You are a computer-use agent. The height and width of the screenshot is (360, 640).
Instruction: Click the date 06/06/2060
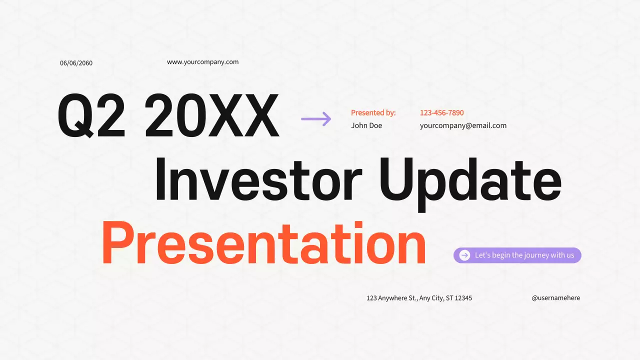coord(76,63)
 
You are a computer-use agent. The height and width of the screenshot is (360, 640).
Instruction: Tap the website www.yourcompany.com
coord(202,62)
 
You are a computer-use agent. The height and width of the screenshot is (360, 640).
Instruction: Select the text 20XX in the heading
coord(211,116)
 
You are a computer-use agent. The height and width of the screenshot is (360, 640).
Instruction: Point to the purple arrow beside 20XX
coord(316,118)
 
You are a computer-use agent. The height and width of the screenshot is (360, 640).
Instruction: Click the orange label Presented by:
coord(373,113)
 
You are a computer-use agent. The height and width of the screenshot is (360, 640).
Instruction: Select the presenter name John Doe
coord(366,125)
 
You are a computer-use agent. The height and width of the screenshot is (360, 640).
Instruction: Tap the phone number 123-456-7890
coord(441,113)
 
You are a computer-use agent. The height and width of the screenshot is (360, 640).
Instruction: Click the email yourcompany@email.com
coord(463,125)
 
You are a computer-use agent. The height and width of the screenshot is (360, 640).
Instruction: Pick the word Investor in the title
coord(257,178)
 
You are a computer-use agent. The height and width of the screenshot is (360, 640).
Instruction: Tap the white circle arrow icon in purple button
coord(464,255)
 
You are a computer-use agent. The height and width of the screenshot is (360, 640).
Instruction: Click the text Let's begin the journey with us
coord(524,255)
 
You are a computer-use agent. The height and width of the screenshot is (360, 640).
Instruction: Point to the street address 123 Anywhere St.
coord(391,298)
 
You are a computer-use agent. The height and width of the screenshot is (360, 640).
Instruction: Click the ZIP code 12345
coord(463,298)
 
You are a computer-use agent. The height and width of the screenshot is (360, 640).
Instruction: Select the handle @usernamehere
coord(555,298)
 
